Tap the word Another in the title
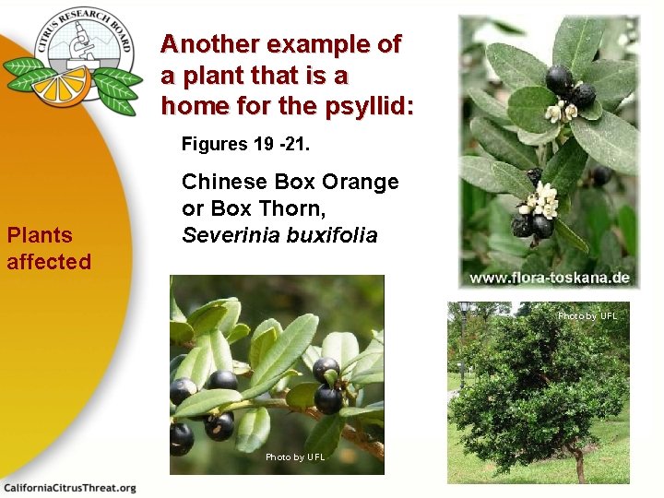(209, 44)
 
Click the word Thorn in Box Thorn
(287, 208)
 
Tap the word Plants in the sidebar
(41, 235)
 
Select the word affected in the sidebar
(49, 262)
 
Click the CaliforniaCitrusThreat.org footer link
(70, 488)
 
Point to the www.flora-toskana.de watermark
(550, 278)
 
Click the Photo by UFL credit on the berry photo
(295, 457)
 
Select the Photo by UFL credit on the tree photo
(587, 316)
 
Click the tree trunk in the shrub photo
(579, 470)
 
